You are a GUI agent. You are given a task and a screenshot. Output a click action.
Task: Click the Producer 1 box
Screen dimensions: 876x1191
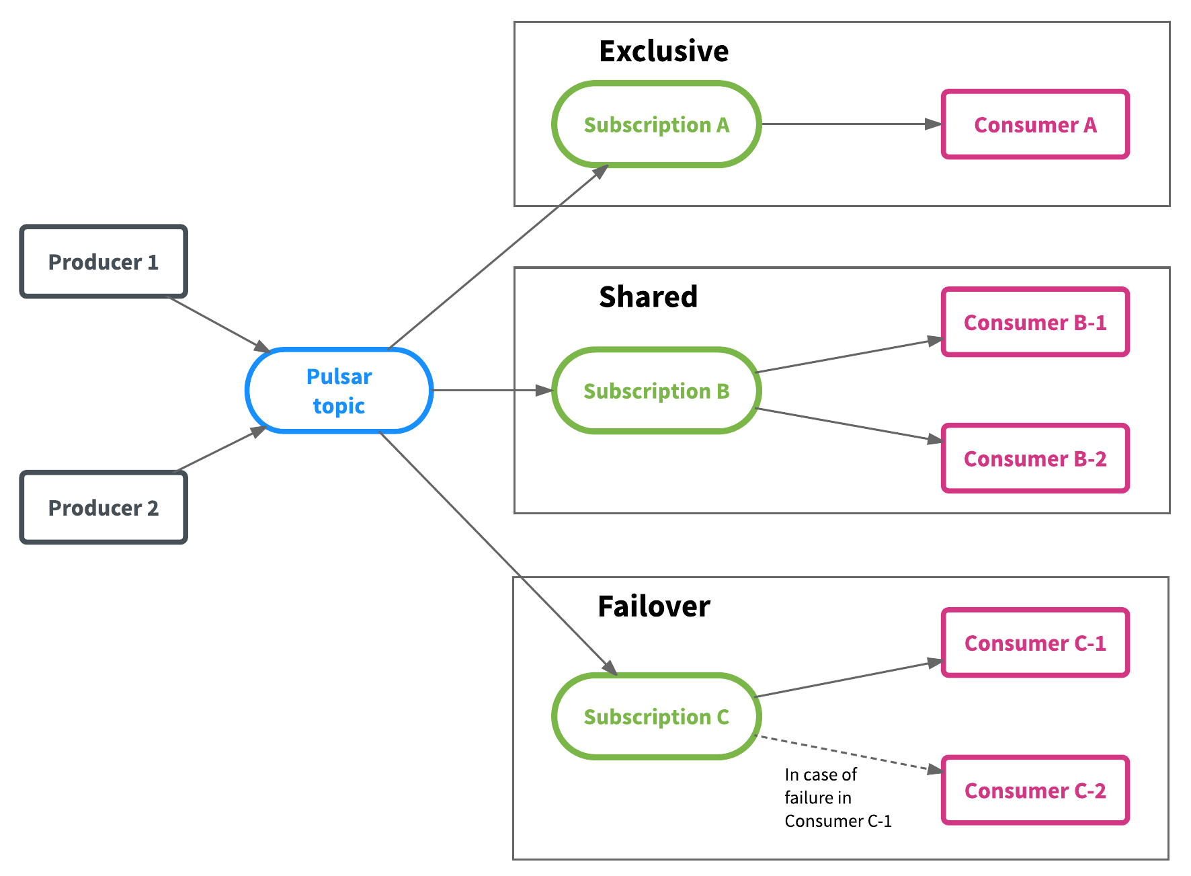pos(104,262)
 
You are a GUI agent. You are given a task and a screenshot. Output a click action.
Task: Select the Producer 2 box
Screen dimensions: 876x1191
pos(104,508)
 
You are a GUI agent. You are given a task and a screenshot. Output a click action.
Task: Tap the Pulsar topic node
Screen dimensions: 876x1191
pos(339,391)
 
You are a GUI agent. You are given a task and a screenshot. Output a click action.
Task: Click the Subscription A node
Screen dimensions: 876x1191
pos(656,124)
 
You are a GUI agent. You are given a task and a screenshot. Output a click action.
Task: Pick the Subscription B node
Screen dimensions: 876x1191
pos(656,391)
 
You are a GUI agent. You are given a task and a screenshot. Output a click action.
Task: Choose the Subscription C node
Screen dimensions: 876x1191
pos(656,717)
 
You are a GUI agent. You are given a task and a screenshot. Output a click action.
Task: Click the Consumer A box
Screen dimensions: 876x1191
pos(1035,124)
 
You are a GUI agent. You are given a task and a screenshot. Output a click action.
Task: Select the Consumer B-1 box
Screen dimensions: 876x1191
pos(1035,322)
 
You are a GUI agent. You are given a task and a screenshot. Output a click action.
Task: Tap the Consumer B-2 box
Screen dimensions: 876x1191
pos(1035,459)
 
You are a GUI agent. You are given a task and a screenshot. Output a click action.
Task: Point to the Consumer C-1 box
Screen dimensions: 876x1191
pos(1035,643)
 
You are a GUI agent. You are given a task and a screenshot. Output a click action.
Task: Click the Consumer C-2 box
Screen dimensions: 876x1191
pos(1035,790)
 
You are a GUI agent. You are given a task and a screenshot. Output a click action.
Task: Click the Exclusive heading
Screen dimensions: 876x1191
pos(663,51)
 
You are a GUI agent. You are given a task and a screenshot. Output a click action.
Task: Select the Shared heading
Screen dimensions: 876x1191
pos(648,296)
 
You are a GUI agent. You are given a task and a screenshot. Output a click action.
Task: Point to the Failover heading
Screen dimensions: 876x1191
pos(653,606)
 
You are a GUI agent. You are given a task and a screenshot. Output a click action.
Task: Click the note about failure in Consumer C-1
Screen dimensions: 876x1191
pos(837,797)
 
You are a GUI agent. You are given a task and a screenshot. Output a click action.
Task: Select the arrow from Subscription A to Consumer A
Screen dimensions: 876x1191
pos(851,124)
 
